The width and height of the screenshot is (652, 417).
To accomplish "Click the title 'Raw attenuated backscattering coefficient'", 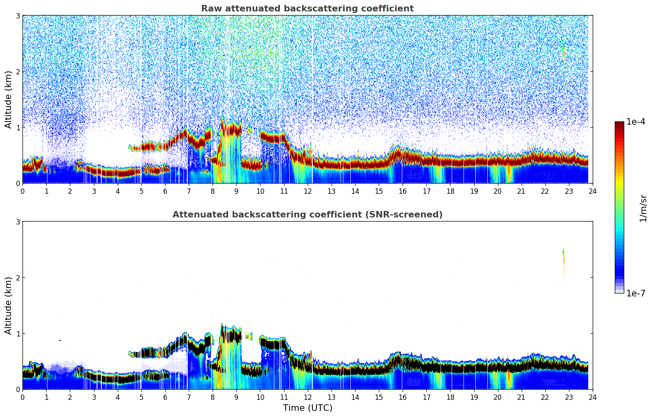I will point(307,9).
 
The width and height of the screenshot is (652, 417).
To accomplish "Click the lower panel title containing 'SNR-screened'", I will point(307,215).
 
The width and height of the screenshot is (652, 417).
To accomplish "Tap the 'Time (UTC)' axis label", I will point(307,408).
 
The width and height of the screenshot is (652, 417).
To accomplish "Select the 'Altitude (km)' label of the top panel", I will point(8,99).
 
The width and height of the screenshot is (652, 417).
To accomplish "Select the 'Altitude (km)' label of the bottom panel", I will point(8,305).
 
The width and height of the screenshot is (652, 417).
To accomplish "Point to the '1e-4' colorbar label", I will point(636,122).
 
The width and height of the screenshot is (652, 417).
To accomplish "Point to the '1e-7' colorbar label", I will point(636,294).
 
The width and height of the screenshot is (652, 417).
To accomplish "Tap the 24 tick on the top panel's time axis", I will point(592,191).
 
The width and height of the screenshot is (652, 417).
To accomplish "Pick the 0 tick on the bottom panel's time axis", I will point(22,397).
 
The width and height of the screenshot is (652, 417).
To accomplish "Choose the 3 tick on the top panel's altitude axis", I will point(18,16).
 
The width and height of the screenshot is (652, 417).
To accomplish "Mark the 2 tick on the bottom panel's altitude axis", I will point(18,278).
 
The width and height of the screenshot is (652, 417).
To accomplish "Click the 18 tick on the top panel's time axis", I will point(450,191).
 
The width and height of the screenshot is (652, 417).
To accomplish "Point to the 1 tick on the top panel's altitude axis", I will point(18,128).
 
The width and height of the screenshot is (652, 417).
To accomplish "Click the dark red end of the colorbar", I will point(619,124).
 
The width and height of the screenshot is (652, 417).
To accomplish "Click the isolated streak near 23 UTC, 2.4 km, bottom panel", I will point(563,256).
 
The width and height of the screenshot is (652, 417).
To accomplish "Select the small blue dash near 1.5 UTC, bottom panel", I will point(60,341).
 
